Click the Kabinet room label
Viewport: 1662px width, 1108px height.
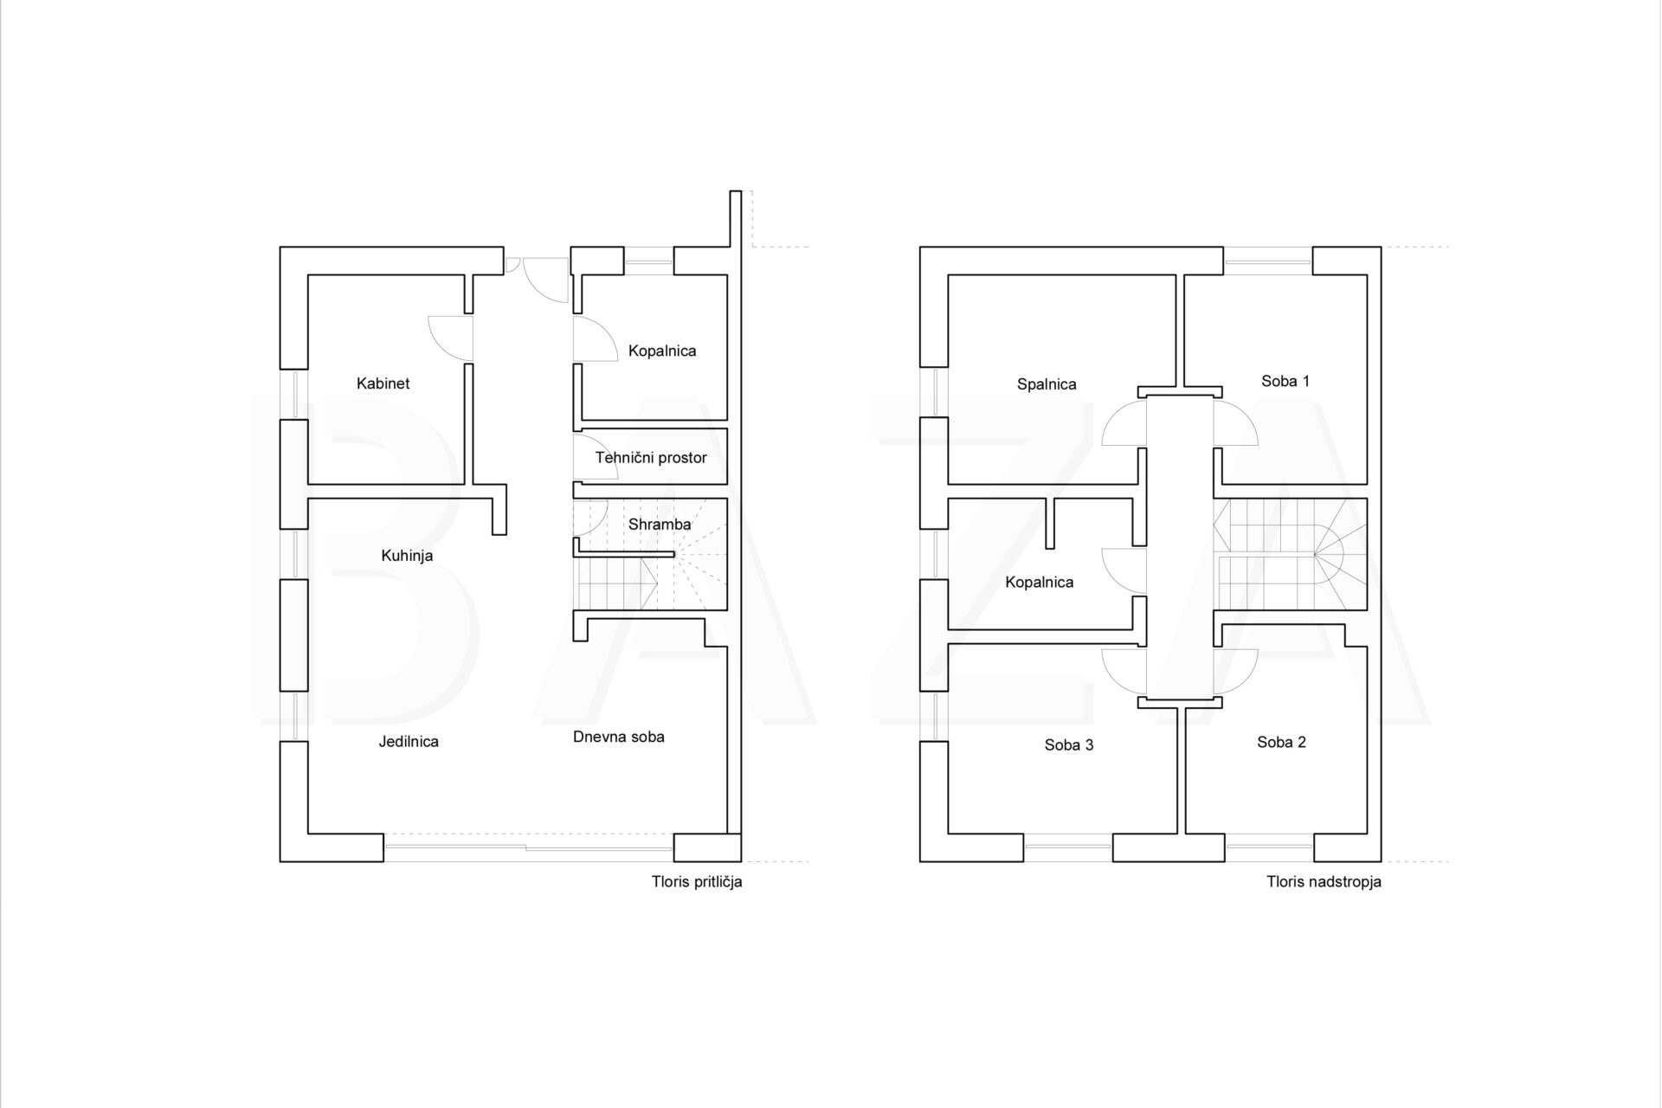[x=383, y=383]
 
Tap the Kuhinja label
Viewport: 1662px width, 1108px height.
[x=407, y=556]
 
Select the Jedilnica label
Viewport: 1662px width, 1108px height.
[x=409, y=741]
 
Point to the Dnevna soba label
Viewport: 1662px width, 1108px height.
[x=619, y=737]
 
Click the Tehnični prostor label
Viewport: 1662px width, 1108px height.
[x=651, y=457]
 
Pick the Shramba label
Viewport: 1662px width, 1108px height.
[x=660, y=524]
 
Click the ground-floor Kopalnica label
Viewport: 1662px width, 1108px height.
[x=662, y=351]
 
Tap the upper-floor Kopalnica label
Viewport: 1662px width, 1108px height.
[x=1040, y=583]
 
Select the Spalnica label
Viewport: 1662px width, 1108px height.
[x=1047, y=384]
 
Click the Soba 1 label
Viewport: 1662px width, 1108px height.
[x=1285, y=381]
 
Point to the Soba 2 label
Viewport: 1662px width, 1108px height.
[x=1282, y=742]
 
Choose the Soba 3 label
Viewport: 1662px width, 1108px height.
[x=1069, y=744]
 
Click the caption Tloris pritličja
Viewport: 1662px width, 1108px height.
[x=697, y=883]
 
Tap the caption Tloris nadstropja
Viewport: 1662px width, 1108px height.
[x=1324, y=883]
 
